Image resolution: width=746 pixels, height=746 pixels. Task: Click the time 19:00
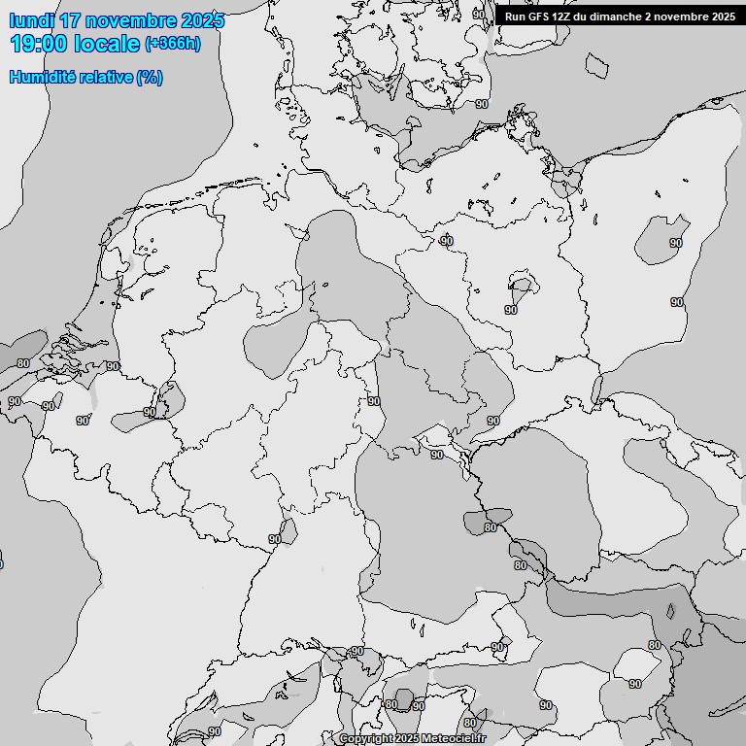[x=38, y=43]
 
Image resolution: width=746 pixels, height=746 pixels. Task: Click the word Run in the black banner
[x=515, y=17]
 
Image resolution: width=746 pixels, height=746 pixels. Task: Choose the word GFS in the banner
[x=539, y=17]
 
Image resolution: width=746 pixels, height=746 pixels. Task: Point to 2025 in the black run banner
[x=723, y=17]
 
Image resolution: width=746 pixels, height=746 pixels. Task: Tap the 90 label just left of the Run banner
[x=478, y=14]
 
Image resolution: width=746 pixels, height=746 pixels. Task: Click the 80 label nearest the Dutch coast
[x=23, y=363]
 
